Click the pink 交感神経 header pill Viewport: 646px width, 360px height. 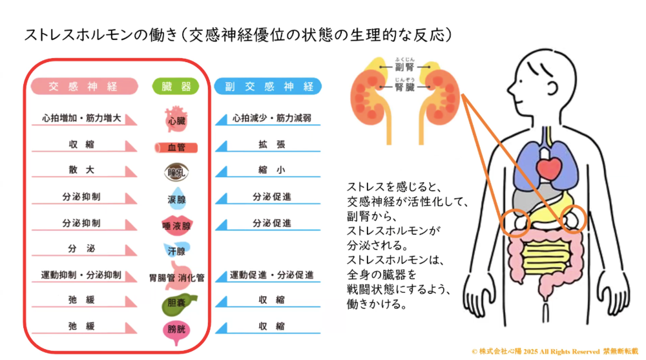click(x=84, y=86)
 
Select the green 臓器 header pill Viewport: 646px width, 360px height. click(x=176, y=86)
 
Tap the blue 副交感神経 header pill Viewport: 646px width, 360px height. click(x=269, y=86)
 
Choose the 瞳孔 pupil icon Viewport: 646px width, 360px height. click(x=176, y=173)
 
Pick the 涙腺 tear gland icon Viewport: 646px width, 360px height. click(x=176, y=198)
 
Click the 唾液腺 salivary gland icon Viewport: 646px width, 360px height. click(x=176, y=224)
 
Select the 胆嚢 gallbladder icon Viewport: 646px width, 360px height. click(x=176, y=303)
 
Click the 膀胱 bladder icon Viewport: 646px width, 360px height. click(x=176, y=329)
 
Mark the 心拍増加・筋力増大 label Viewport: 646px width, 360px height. click(x=81, y=119)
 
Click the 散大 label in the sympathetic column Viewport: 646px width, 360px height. click(x=81, y=170)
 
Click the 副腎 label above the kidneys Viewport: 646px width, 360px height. click(x=404, y=67)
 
